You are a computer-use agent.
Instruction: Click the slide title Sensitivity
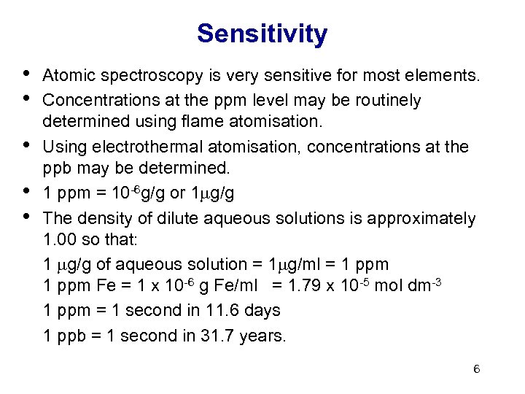click(262, 34)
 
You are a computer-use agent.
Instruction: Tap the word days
click(262, 310)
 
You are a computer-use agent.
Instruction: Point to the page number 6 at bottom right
click(476, 369)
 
